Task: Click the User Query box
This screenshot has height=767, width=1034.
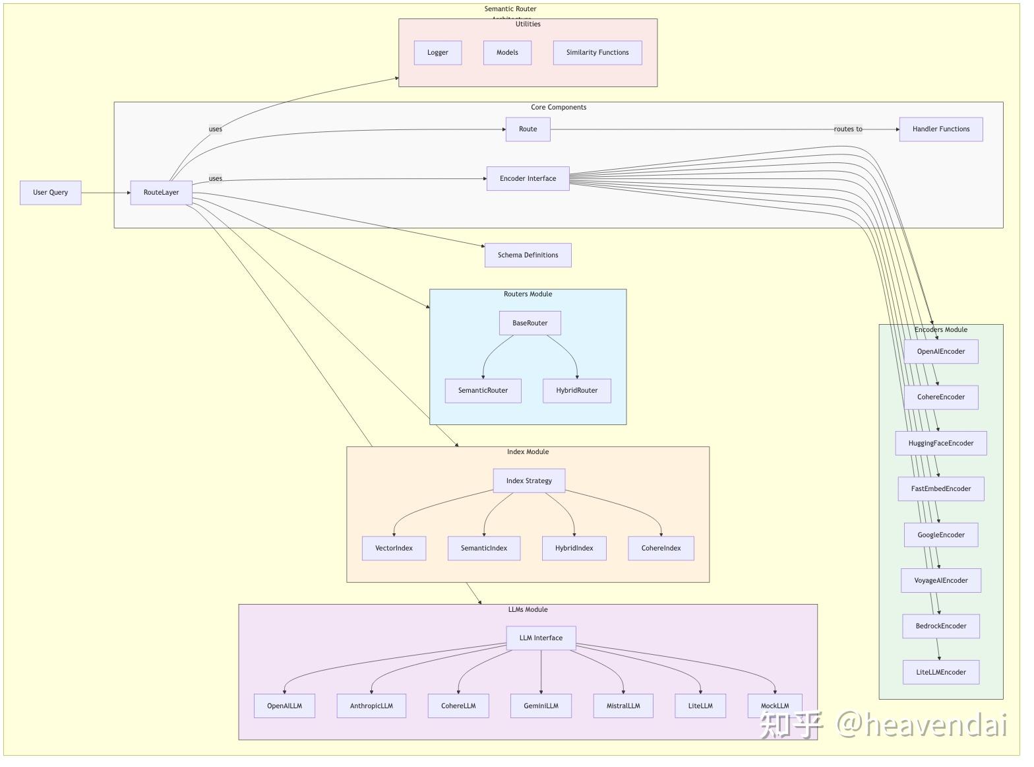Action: coord(51,193)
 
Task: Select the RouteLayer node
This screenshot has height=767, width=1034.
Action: coord(162,193)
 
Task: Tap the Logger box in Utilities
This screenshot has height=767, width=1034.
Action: coord(438,53)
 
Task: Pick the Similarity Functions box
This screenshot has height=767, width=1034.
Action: coord(597,53)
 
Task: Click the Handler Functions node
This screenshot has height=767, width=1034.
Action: coord(941,129)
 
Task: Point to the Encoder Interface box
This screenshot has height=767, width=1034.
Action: coord(528,179)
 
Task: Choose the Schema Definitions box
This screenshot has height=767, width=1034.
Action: coord(528,255)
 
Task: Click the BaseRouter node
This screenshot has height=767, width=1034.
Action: coord(530,323)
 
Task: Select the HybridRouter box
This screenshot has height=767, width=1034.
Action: coord(577,391)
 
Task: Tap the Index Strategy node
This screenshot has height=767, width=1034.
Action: coord(529,481)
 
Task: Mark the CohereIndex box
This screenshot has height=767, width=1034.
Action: coord(661,549)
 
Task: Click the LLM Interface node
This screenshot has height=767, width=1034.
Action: coord(541,638)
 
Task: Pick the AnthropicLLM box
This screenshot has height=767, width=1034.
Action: coord(371,706)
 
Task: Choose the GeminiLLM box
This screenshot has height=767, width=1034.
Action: coord(541,706)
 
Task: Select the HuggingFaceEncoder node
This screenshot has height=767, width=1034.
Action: coord(941,444)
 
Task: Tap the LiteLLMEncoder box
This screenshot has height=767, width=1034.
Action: coord(941,673)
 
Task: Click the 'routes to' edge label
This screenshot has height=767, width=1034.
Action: coord(848,129)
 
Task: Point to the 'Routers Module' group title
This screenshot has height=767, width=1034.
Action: coord(528,294)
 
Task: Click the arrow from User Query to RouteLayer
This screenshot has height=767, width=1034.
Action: coord(106,193)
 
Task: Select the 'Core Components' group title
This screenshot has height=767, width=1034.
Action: coord(559,108)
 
